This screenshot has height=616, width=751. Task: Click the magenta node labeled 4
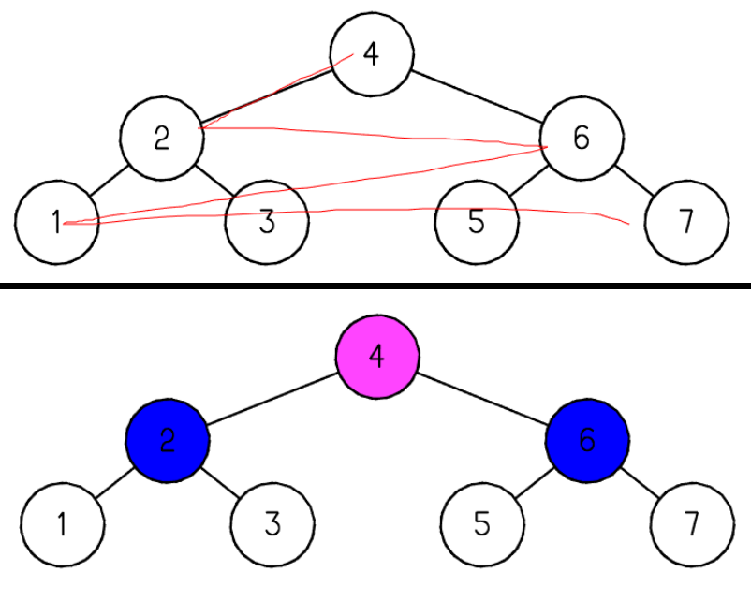(377, 357)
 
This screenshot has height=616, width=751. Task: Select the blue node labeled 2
(168, 440)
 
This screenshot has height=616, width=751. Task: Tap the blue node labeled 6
(587, 440)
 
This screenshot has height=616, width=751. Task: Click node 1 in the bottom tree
(63, 523)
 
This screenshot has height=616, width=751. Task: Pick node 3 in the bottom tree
(272, 523)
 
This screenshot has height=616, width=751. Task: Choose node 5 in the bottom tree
(482, 523)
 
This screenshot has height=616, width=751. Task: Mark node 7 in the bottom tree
(692, 523)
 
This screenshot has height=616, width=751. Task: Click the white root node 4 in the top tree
(372, 54)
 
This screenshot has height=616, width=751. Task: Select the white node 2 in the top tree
(162, 139)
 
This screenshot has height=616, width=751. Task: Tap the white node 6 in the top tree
(582, 139)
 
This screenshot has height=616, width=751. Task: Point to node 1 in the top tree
(56, 222)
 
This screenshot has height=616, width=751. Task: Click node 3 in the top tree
(267, 222)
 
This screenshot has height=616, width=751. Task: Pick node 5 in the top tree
(477, 222)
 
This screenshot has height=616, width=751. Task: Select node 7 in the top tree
(686, 222)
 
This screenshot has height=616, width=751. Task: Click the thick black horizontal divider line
(375, 285)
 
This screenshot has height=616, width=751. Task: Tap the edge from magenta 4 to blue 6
(482, 399)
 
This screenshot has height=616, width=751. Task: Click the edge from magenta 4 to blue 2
(272, 399)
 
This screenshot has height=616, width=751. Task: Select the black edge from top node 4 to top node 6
(477, 96)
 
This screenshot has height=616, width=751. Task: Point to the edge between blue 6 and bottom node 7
(640, 482)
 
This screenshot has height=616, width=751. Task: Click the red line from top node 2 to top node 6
(375, 136)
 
